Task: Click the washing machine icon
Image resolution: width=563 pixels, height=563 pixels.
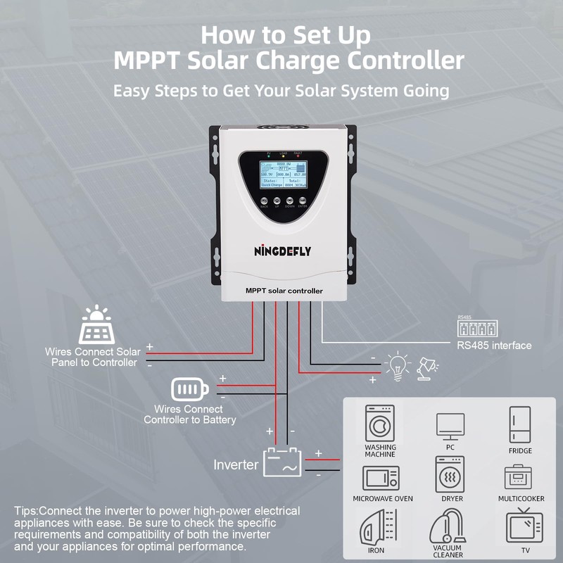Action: click(380, 423)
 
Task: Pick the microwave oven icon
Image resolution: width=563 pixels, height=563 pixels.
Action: click(381, 478)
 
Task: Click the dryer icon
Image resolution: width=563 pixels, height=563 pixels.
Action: click(450, 474)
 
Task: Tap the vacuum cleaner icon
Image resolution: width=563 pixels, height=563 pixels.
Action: click(448, 526)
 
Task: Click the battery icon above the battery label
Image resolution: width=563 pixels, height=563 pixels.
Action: click(190, 388)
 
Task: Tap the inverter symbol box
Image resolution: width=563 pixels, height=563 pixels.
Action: click(283, 463)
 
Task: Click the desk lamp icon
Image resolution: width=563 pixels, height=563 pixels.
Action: click(426, 367)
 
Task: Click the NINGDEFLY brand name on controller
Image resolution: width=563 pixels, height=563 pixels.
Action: click(282, 251)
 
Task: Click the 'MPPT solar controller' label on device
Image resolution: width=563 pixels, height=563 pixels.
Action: click(284, 291)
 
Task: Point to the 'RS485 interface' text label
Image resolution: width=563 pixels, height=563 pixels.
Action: click(494, 346)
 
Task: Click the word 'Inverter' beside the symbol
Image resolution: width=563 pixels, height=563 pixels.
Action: click(236, 465)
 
